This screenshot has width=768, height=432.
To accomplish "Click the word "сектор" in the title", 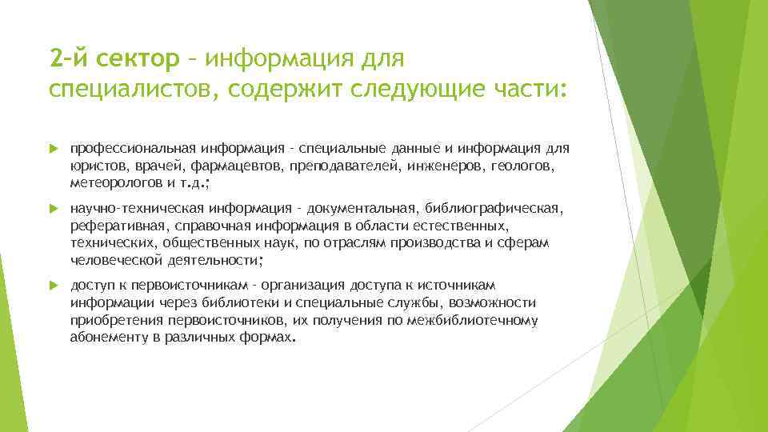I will [140, 58].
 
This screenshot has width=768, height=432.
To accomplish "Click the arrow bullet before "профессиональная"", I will [54, 149].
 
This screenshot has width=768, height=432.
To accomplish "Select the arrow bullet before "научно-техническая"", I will [54, 210].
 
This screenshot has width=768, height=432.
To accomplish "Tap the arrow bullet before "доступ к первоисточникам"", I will [54, 285].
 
